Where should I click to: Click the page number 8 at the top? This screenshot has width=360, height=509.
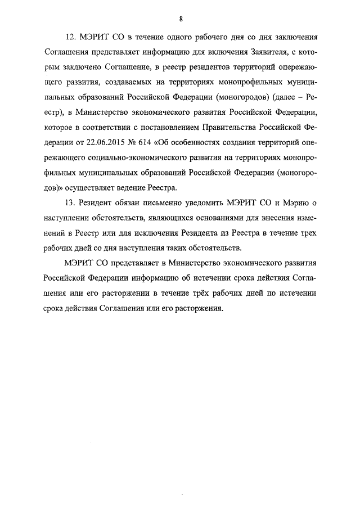pyautogui.click(x=181, y=19)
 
